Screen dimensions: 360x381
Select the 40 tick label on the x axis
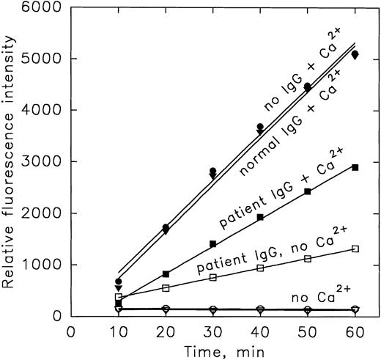(259, 331)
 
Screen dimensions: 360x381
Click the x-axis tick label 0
(71, 331)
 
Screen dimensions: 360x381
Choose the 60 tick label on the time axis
(355, 331)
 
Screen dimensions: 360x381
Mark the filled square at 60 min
(355, 167)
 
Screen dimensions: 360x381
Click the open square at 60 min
(355, 249)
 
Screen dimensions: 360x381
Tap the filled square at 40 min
(260, 217)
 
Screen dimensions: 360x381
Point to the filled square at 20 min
(166, 273)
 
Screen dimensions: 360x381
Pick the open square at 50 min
(308, 258)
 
